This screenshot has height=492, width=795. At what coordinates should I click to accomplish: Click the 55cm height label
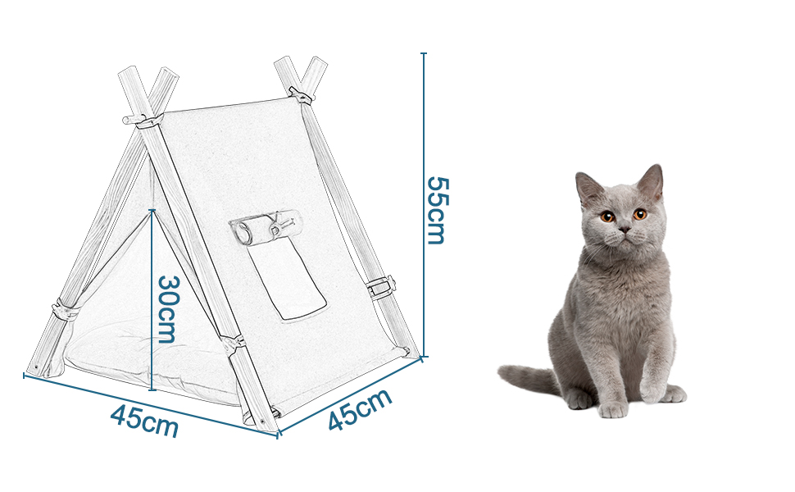[x=435, y=210]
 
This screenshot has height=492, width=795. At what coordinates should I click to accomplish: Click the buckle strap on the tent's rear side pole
[x=380, y=287]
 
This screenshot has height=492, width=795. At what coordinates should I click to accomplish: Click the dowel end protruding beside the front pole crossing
[x=127, y=121]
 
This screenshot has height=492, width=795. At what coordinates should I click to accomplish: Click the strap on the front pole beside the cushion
[x=232, y=340]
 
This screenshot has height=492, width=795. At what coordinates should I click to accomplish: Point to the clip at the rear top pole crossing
[x=302, y=95]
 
